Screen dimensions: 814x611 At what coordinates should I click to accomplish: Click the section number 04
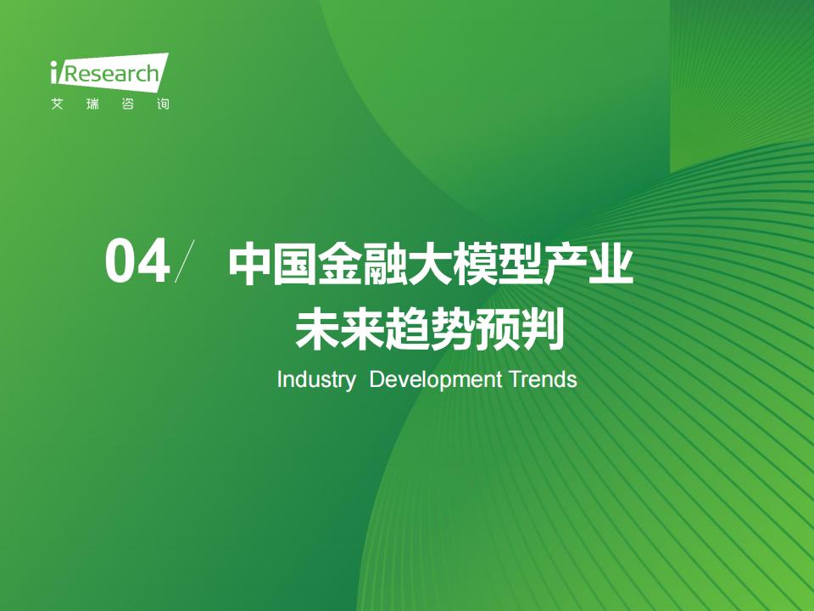click(x=137, y=261)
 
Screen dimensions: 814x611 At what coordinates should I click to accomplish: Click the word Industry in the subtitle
click(x=316, y=380)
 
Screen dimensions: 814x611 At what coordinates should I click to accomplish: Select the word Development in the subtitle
click(x=436, y=380)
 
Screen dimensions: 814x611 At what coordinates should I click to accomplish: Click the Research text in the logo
click(x=110, y=73)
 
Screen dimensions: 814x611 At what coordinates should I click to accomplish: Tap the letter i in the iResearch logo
click(x=53, y=72)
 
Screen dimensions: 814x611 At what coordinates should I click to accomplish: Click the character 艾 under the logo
click(x=57, y=104)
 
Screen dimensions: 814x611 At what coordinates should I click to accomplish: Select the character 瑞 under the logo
click(x=92, y=104)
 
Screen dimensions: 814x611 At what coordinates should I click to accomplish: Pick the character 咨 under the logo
click(x=128, y=104)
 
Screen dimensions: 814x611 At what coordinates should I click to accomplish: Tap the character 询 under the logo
click(x=163, y=104)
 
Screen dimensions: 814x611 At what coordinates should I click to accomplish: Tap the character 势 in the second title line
click(x=453, y=329)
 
